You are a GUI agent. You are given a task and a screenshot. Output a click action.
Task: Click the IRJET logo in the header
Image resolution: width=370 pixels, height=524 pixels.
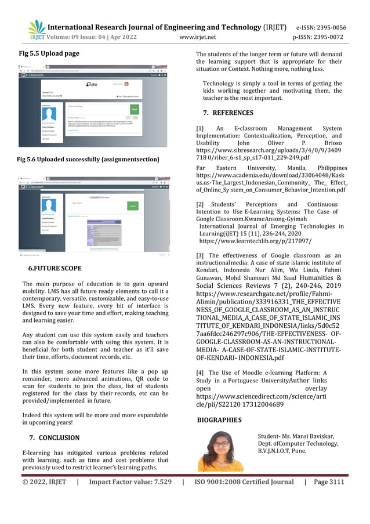coord(36,30)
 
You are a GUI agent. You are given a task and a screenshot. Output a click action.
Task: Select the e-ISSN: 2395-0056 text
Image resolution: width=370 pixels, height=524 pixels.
coord(321,27)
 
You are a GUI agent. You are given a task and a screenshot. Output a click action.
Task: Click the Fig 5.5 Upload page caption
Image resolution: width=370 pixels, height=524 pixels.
coord(49,54)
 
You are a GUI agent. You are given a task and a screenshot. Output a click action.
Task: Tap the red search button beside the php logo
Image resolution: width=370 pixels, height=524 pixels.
coord(138,84)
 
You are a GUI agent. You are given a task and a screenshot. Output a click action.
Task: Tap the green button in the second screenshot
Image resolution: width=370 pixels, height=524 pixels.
coord(132,206)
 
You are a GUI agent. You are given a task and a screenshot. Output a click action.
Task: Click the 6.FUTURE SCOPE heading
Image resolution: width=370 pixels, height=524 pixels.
coord(55,268)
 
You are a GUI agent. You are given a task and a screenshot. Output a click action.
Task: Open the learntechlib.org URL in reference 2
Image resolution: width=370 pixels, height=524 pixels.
coord(238,240)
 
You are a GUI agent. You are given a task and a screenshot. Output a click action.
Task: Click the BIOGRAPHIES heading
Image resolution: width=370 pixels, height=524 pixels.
coord(220,419)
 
